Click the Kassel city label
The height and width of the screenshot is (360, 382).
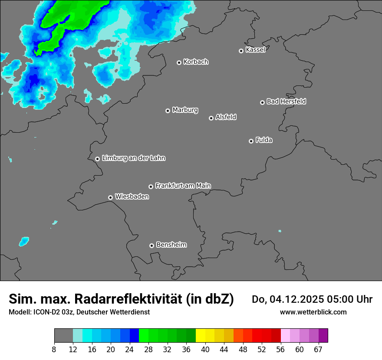[255, 50]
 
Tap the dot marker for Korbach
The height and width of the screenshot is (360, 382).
[179, 62]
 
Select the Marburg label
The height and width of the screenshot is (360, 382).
[185, 110]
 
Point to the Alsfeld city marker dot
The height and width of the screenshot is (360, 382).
[211, 118]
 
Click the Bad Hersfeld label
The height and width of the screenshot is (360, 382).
[286, 101]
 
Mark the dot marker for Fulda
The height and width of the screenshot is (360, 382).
[251, 141]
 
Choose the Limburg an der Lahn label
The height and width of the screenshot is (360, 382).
[133, 158]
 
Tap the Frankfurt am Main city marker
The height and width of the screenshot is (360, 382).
[151, 187]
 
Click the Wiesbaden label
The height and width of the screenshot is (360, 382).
[132, 197]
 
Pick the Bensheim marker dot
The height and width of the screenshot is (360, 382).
[151, 245]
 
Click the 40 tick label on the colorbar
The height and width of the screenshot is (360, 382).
[205, 349]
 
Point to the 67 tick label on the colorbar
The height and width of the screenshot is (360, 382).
[318, 349]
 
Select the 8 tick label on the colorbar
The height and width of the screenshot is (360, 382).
[54, 349]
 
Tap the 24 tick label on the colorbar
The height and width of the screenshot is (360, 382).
[129, 349]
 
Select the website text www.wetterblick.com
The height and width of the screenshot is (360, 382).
[313, 312]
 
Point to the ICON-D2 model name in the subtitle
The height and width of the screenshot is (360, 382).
[44, 312]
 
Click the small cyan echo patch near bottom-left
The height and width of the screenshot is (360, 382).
[24, 240]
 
